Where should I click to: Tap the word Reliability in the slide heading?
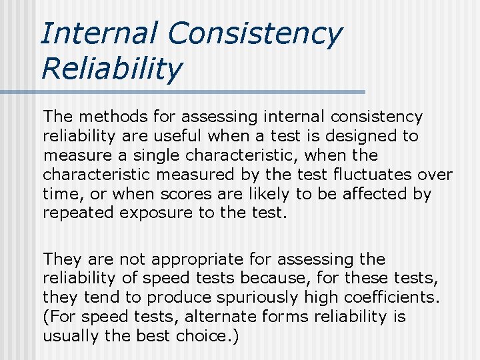tap(111, 69)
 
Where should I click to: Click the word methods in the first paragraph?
tap(109, 117)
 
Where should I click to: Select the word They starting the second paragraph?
tap(60, 259)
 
